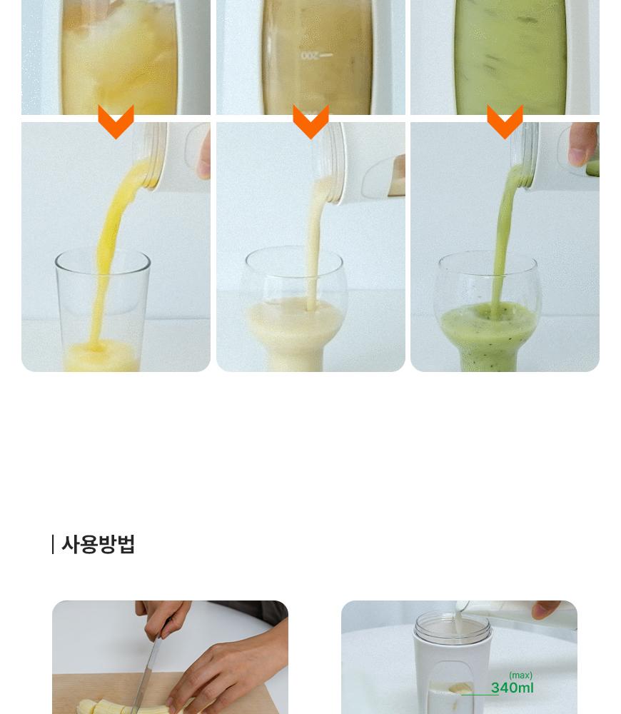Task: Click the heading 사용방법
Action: point(99,544)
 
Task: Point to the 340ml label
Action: point(513,688)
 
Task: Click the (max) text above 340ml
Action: point(520,675)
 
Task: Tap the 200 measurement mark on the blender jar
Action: point(310,56)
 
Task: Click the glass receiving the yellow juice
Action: point(103,310)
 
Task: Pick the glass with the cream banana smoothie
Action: point(295,310)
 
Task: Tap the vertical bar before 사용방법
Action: point(53,544)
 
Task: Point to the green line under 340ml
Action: point(480,695)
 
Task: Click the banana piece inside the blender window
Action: point(460,688)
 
